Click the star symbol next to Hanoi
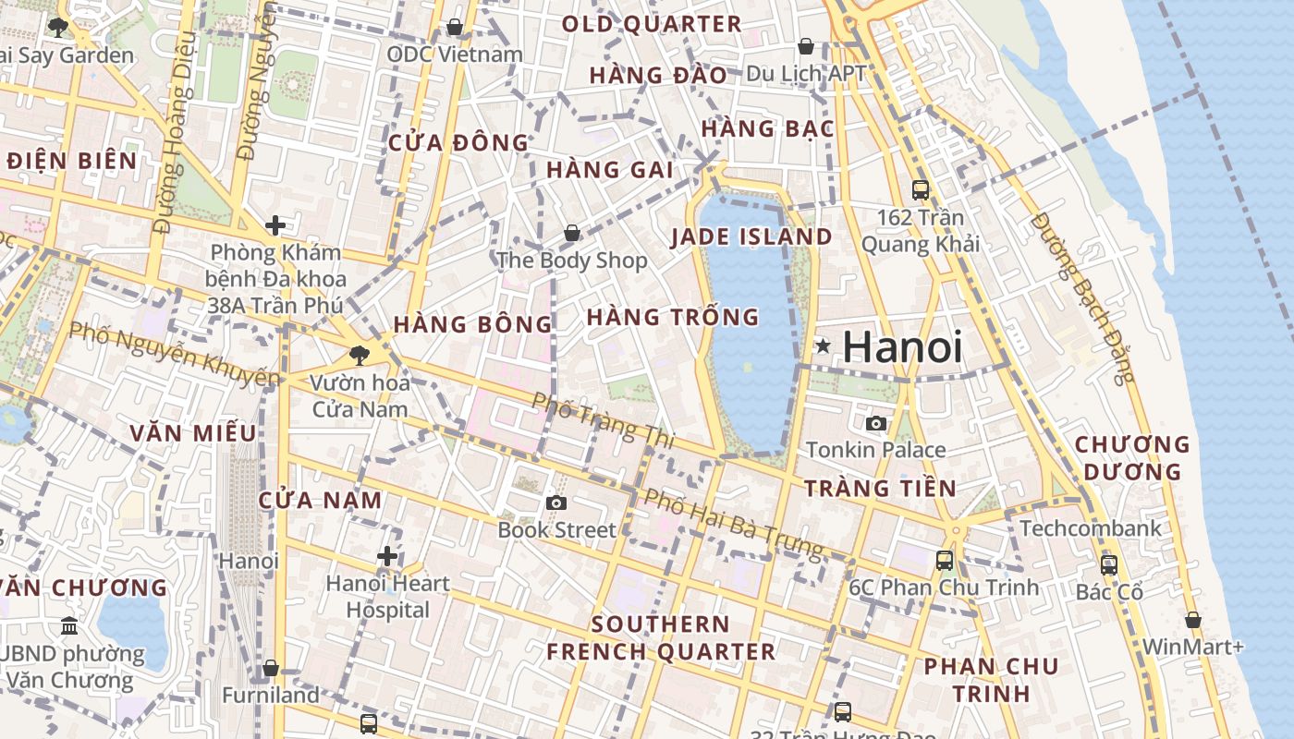pos(823,346)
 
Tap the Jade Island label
pos(751,236)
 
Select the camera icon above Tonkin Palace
pos(876,424)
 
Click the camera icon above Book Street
pos(555,503)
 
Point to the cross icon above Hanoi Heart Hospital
pos(387,556)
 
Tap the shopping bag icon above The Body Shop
pos(572,232)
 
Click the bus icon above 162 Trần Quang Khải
pos(921,190)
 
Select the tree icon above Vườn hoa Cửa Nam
pos(359,354)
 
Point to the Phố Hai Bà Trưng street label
pos(733,523)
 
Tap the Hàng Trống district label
pos(673,317)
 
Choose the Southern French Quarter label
pos(661,637)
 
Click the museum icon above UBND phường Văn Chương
pos(69,626)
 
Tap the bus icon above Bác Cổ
pos(1109,564)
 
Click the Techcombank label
pos(1091,528)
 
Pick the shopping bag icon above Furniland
pos(271,667)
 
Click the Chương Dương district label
pos(1132,458)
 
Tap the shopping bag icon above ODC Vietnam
pos(455,27)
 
